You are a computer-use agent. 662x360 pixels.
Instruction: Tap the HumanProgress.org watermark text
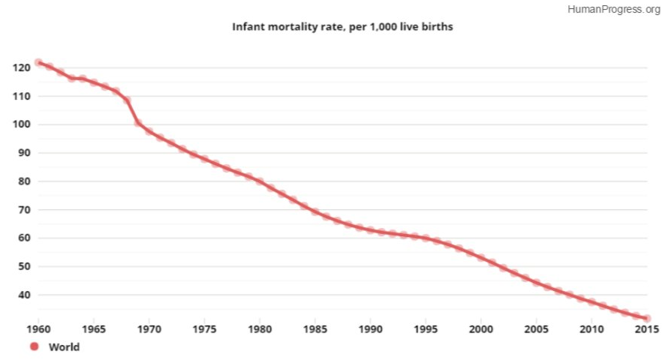(x=614, y=9)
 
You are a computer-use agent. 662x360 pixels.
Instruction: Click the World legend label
(x=64, y=347)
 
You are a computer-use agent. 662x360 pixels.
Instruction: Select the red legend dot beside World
(x=35, y=346)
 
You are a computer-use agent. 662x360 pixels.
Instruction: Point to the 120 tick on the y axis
(x=21, y=67)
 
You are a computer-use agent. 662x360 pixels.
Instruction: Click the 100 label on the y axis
(x=21, y=124)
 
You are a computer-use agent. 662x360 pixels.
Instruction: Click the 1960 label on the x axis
(x=38, y=328)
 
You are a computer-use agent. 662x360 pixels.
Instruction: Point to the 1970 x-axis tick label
(x=149, y=328)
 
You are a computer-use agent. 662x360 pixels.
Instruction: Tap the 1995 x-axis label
(x=426, y=328)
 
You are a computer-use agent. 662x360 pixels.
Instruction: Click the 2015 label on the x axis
(x=647, y=328)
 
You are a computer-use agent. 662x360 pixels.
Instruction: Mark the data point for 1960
(x=38, y=63)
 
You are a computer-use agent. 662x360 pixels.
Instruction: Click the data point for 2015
(x=647, y=318)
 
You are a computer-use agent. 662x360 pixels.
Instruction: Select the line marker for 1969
(x=138, y=122)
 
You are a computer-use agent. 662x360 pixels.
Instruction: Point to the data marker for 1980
(x=260, y=181)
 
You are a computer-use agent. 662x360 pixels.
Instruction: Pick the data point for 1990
(x=370, y=229)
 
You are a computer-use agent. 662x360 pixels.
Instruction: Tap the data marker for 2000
(x=481, y=257)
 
